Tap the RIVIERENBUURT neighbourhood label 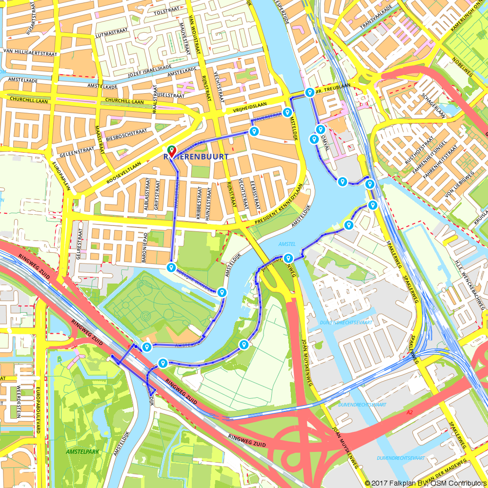click(195, 157)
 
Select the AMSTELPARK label click(82, 451)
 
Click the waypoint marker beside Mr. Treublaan click(309, 92)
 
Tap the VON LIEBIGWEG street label click(457, 184)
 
